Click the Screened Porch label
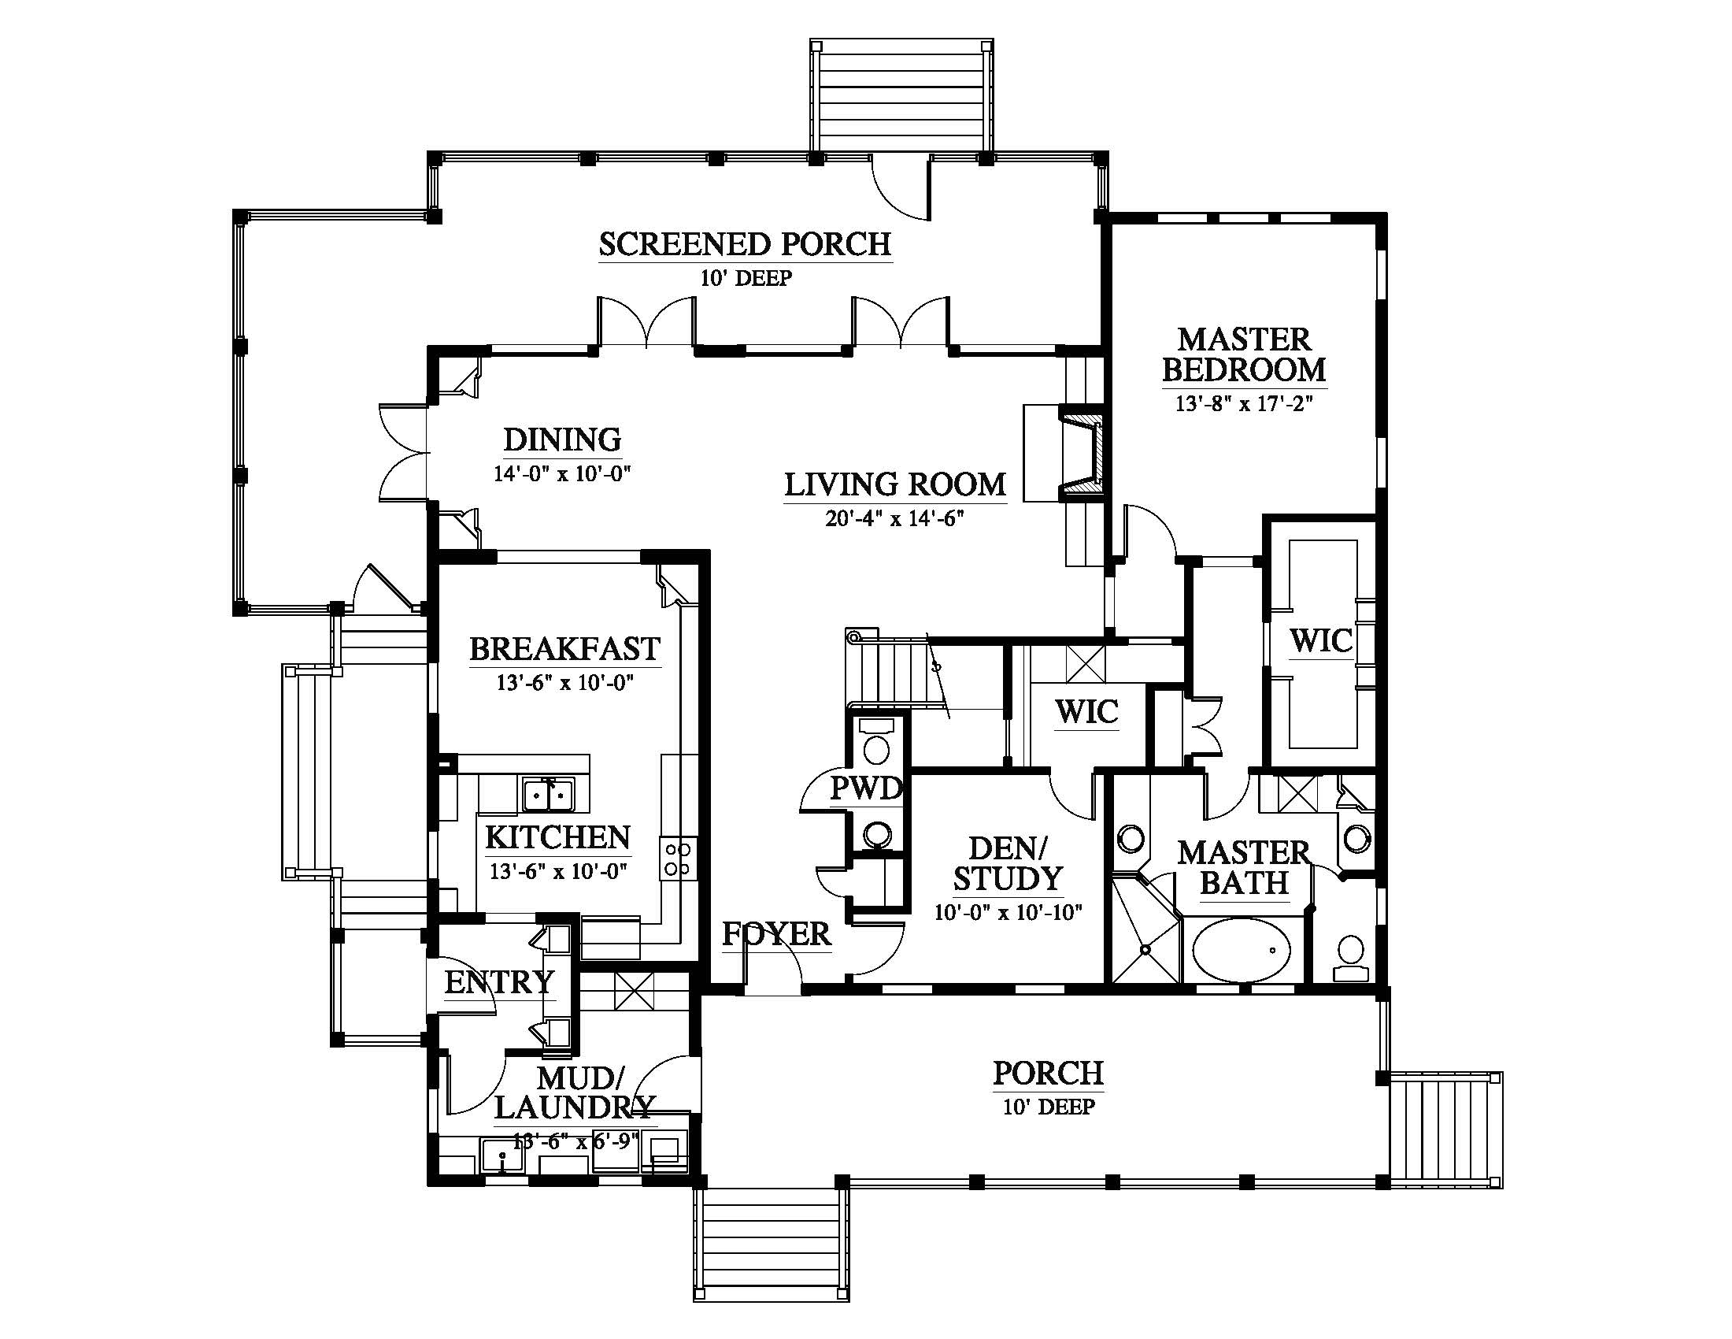[x=745, y=244]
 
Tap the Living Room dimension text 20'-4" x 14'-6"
[x=894, y=519]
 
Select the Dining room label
[x=562, y=440]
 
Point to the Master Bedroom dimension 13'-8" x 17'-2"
[x=1244, y=404]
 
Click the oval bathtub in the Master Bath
[x=1242, y=951]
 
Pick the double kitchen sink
[x=548, y=794]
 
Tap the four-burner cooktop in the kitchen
[x=678, y=859]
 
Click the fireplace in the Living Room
[x=1080, y=453]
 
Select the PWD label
[x=866, y=788]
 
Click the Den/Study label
[x=1008, y=863]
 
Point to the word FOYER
[x=775, y=933]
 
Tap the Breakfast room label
[x=564, y=648]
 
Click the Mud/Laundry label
[x=574, y=1092]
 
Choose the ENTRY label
[x=499, y=982]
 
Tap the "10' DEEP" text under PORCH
[x=1049, y=1107]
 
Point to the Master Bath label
[x=1243, y=867]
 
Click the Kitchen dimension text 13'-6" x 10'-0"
[x=558, y=871]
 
